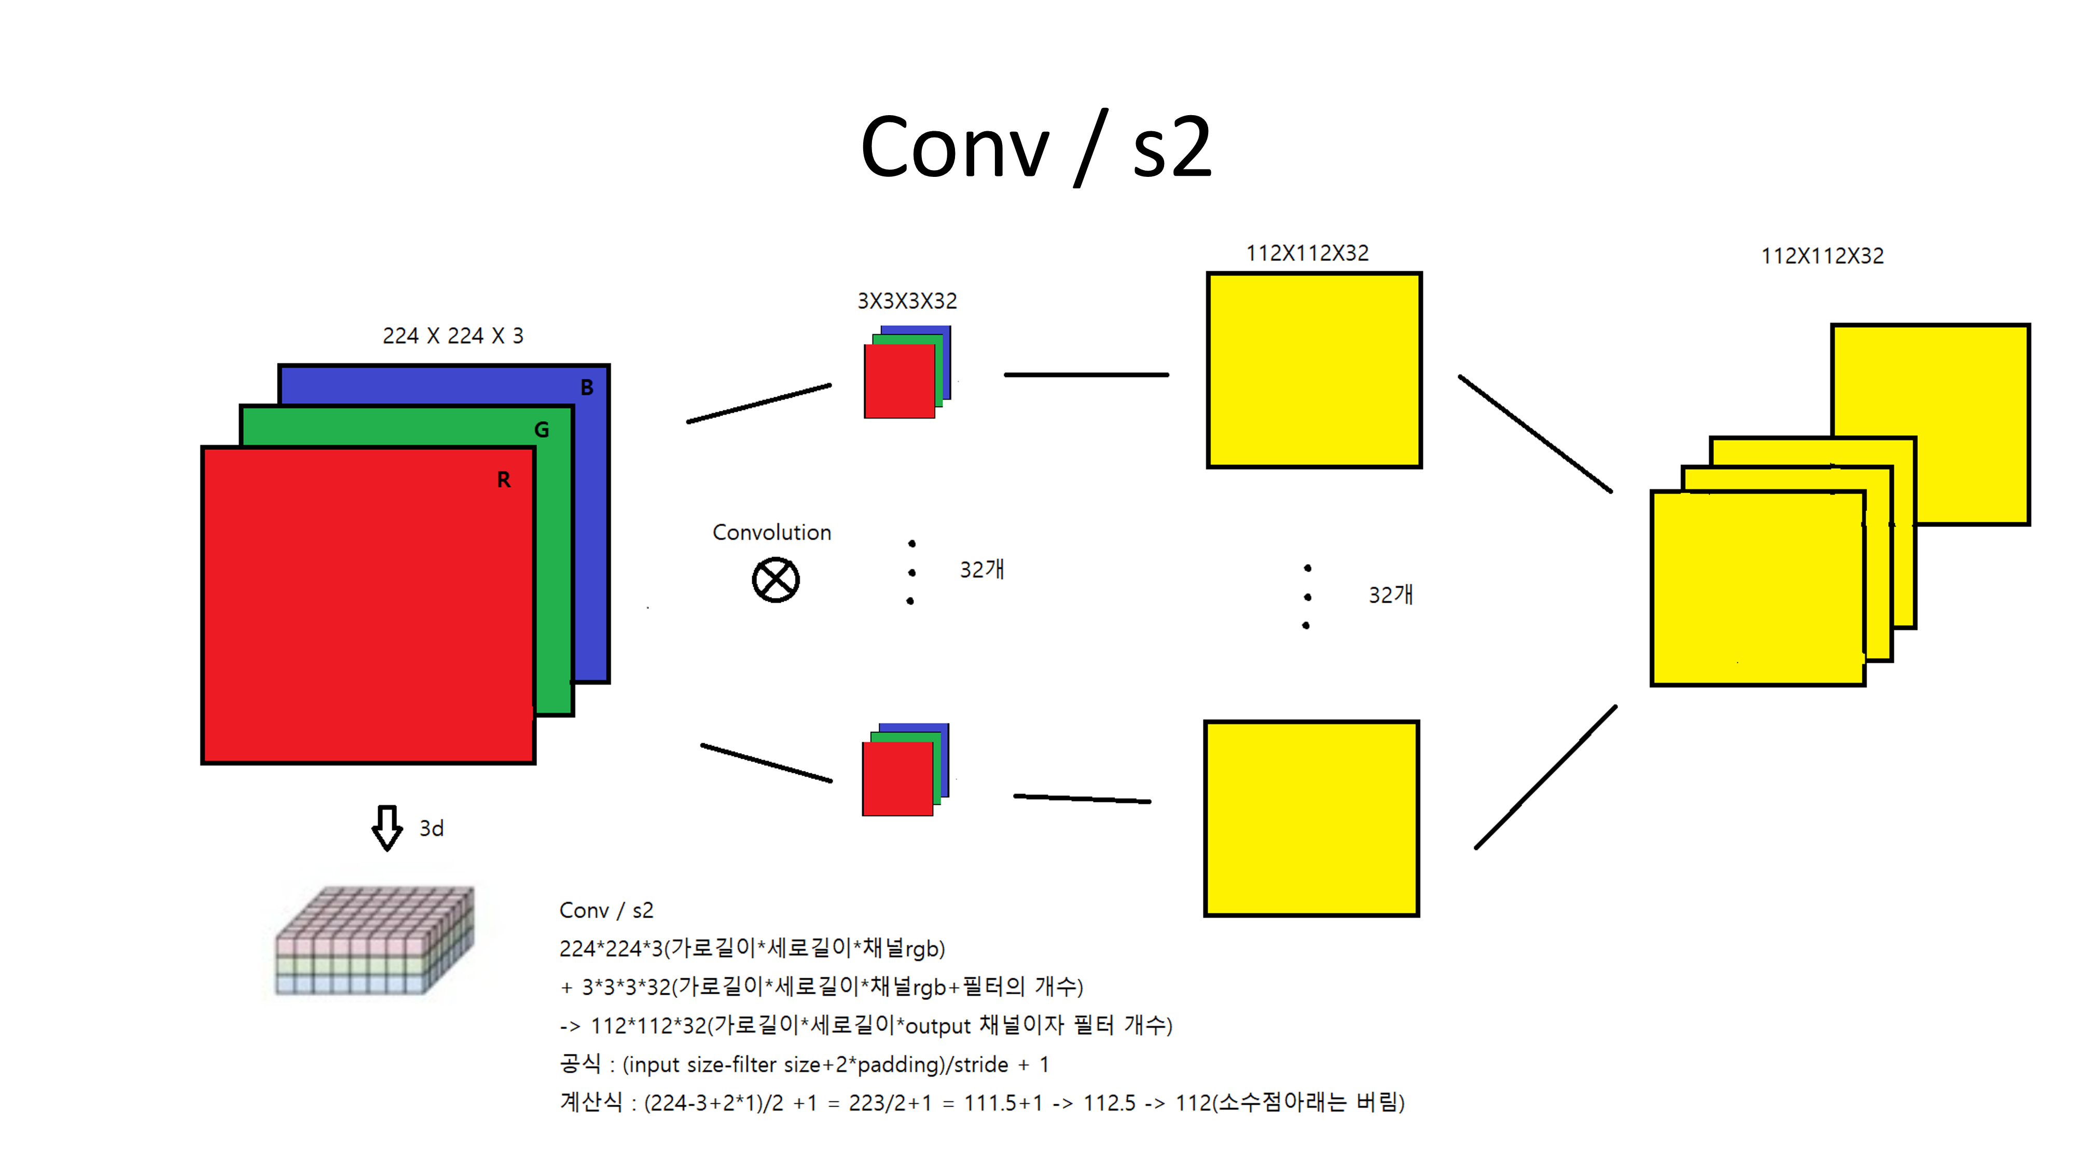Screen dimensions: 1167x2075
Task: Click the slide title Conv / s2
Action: tap(1036, 147)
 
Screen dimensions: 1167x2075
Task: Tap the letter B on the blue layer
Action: tap(587, 387)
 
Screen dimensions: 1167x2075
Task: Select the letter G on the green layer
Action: tap(541, 430)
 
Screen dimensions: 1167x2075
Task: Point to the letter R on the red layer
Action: tap(503, 480)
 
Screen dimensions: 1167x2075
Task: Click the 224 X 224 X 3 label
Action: tap(453, 336)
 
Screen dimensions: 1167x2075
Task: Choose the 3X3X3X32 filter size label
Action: tap(907, 301)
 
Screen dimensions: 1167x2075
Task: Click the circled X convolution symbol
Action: tap(776, 580)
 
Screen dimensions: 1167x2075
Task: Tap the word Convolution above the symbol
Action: tap(772, 532)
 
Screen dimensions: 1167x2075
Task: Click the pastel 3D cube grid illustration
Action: tap(375, 941)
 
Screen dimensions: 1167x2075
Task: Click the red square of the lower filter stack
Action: tap(896, 780)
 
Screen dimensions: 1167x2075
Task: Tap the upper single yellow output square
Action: tap(1314, 370)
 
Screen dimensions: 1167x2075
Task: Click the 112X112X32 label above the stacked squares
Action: tap(1822, 256)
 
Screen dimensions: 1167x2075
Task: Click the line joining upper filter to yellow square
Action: tap(1086, 374)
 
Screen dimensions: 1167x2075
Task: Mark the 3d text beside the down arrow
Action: tap(432, 829)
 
